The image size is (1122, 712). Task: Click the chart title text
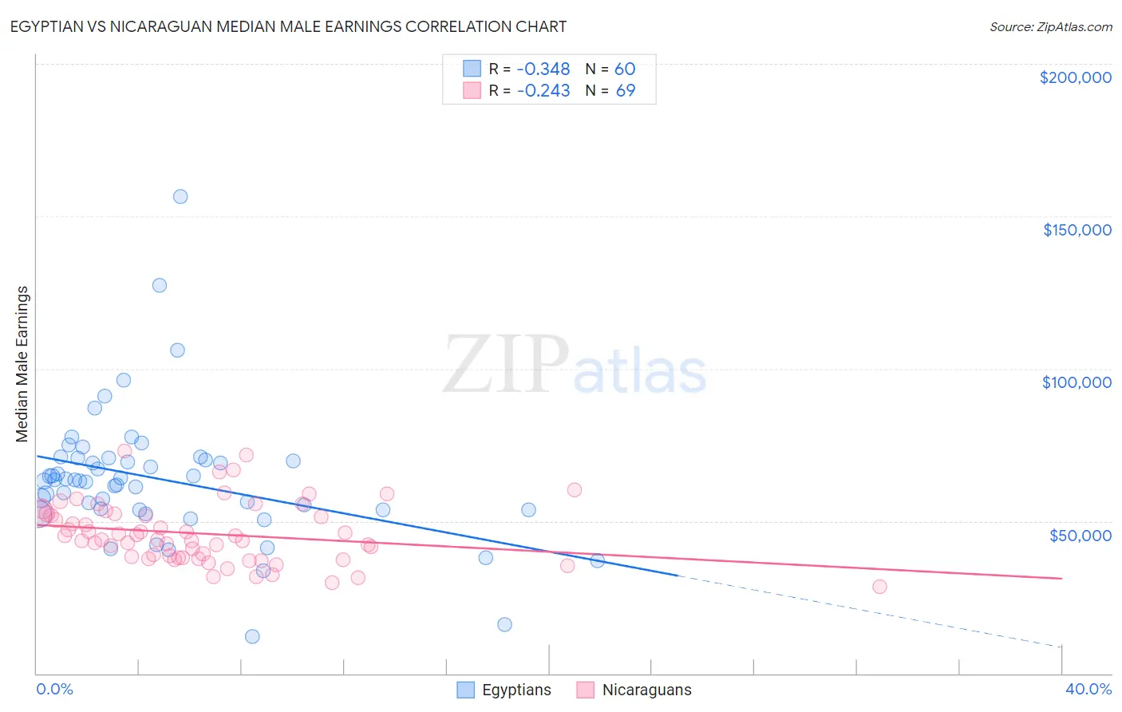(289, 26)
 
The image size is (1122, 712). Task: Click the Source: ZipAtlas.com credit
(1050, 27)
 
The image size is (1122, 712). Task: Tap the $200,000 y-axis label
(1075, 77)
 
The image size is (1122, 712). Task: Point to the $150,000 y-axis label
(1077, 230)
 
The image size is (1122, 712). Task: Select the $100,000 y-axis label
(1077, 382)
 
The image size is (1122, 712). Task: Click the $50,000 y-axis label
(1080, 535)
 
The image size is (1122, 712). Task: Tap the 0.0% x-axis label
(54, 689)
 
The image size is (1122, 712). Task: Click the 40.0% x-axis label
(1088, 689)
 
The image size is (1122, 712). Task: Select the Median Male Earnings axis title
(22, 364)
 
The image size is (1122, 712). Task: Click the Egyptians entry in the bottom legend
(516, 690)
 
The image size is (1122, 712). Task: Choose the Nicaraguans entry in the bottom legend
(646, 690)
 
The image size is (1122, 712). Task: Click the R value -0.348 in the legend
(543, 69)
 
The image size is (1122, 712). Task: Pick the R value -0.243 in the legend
(543, 91)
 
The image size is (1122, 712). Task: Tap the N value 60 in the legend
(625, 69)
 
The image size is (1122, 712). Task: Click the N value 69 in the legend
(625, 91)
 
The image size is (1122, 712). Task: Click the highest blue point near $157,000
(180, 196)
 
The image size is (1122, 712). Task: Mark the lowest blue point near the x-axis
(252, 636)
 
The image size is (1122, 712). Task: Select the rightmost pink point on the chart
(879, 587)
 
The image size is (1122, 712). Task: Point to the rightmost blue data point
(597, 560)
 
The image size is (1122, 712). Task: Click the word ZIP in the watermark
(505, 365)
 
